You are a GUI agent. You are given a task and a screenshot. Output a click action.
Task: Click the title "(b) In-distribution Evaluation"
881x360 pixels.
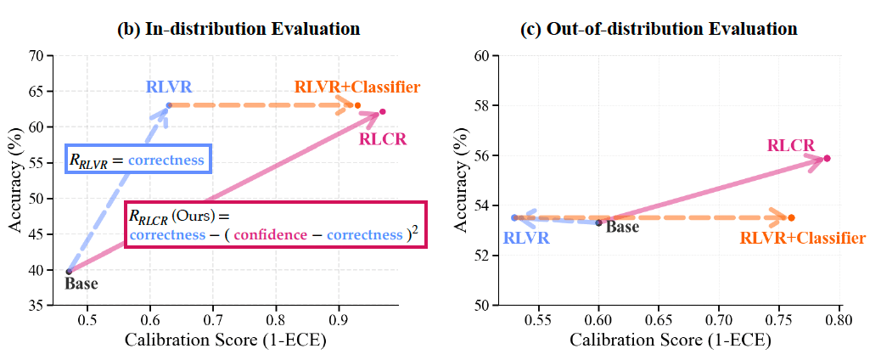point(238,28)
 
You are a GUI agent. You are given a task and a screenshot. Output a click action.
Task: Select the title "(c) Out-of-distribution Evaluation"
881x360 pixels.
point(659,28)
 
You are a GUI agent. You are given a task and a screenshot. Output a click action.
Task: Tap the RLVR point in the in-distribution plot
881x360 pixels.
point(169,104)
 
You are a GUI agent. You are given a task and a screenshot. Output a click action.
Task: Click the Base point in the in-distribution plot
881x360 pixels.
point(69,271)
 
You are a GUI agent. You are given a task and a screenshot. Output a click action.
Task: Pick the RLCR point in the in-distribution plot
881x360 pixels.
point(383,111)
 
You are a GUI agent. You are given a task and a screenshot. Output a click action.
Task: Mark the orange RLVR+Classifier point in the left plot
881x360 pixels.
point(357,105)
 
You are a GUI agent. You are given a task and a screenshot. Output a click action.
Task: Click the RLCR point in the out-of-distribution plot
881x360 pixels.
point(827,158)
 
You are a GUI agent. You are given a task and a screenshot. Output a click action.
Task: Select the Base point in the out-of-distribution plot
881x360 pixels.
point(598,222)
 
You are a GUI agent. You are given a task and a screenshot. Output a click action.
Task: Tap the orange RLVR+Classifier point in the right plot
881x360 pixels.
point(791,217)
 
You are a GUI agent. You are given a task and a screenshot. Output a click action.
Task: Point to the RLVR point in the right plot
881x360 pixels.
point(513,217)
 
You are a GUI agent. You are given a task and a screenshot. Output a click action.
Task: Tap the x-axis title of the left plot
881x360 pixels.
point(225,341)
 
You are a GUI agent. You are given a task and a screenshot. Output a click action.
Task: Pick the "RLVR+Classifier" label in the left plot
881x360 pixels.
point(357,87)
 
